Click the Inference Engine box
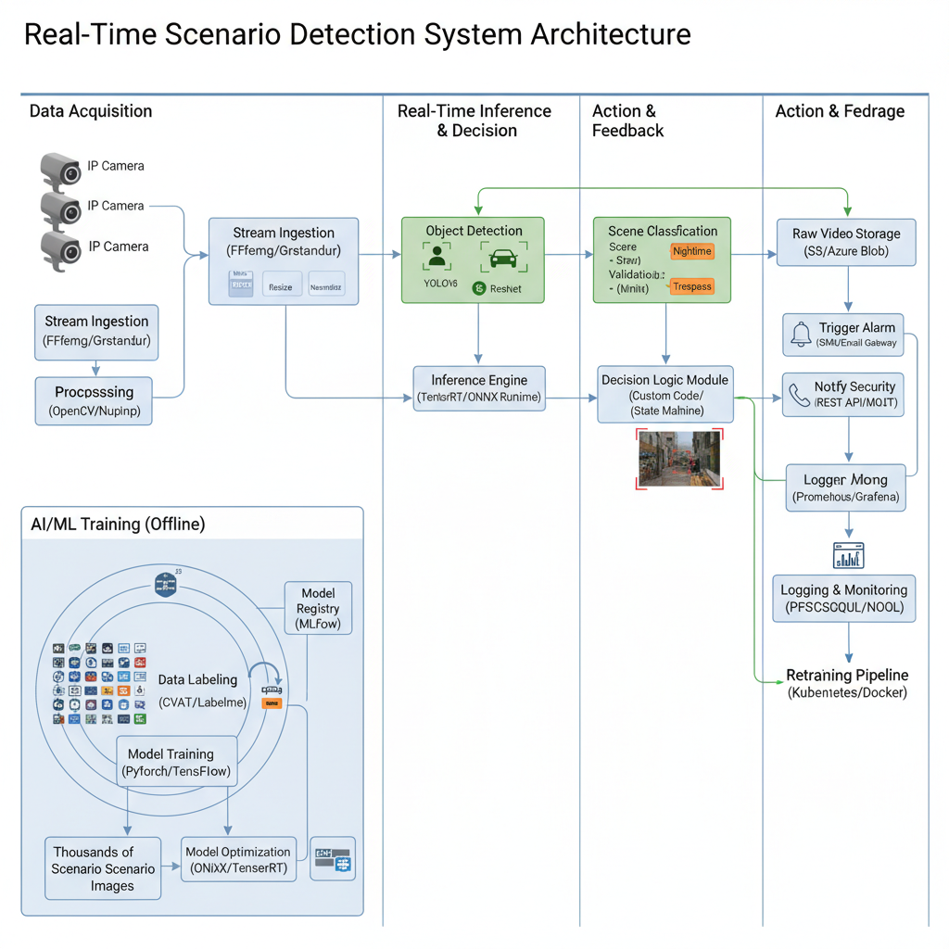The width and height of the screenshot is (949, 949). tap(478, 388)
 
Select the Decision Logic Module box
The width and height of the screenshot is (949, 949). tap(664, 394)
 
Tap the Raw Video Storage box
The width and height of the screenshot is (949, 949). tap(846, 242)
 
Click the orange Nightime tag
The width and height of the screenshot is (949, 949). tap(691, 251)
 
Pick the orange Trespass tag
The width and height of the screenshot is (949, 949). tap(691, 286)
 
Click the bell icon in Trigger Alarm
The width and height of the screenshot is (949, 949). tap(801, 335)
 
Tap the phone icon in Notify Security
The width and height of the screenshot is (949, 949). tap(799, 395)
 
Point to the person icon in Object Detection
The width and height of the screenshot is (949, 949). tap(437, 257)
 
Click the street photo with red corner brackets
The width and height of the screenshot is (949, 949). tap(679, 458)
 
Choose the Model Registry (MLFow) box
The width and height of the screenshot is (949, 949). tap(318, 608)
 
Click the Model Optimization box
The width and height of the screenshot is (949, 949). tap(237, 860)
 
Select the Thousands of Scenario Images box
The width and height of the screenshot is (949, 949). tap(103, 868)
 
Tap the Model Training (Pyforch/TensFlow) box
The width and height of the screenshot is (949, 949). tap(176, 762)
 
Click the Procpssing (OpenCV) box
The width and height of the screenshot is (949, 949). tap(95, 400)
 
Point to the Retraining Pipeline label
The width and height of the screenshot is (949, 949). tap(847, 683)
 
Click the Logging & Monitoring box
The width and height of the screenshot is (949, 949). tap(843, 599)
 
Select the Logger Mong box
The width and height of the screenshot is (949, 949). tap(845, 487)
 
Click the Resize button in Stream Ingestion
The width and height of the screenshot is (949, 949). tap(280, 286)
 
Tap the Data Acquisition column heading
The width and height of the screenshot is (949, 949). tap(91, 111)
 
